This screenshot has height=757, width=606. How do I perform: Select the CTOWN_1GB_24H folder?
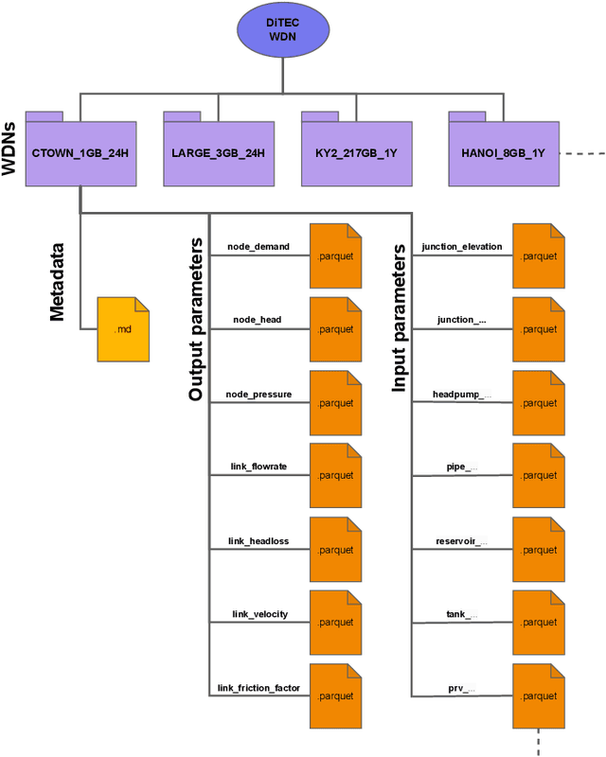click(80, 151)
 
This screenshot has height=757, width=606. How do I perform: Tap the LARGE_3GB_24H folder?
click(218, 151)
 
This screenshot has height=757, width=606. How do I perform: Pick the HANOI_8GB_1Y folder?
click(503, 151)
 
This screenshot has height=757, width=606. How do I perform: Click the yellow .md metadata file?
click(123, 329)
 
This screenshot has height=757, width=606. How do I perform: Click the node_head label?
click(258, 320)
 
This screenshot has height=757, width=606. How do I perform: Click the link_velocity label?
click(258, 614)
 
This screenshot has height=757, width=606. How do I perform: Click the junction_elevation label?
click(462, 247)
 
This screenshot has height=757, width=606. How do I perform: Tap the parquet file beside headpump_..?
click(539, 403)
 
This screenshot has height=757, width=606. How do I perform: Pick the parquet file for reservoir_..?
click(539, 550)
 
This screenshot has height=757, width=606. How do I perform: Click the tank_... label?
click(462, 614)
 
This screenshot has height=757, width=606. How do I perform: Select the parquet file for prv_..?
click(539, 696)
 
